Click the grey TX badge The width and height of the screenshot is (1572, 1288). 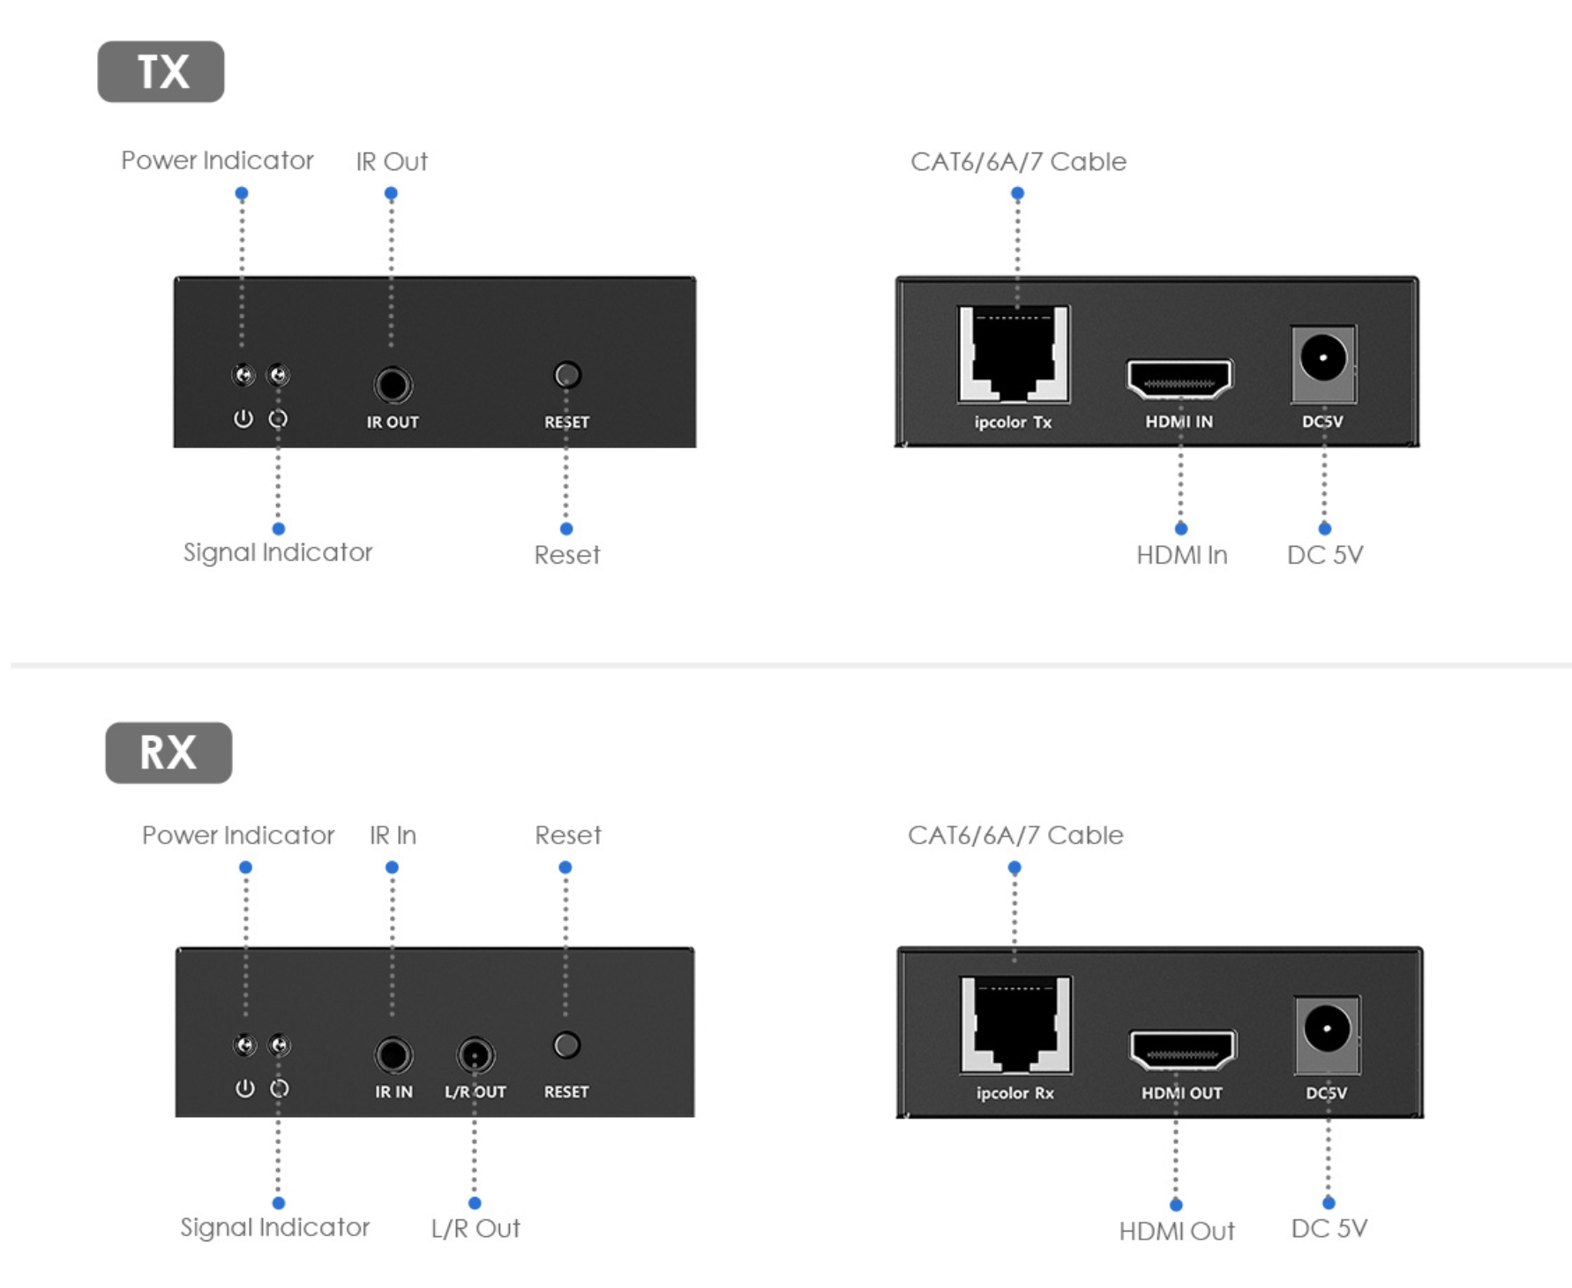point(161,71)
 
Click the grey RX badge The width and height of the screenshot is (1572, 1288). point(168,753)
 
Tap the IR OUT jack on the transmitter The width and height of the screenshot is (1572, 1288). point(393,386)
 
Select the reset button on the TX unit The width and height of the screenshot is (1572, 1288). point(567,376)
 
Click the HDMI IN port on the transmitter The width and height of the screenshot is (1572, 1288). point(1179,379)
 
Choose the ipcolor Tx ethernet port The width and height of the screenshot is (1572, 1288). point(1014,354)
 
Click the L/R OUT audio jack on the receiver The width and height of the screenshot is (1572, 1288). point(475,1055)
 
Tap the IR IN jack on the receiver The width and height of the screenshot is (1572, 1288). point(393,1055)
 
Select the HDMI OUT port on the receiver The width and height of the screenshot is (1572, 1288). point(1183,1050)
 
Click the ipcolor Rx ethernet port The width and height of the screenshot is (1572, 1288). point(1016,1024)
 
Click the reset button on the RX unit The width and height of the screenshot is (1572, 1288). point(566,1045)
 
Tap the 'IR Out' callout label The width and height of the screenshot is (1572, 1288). point(392,161)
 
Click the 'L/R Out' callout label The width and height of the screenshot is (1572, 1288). point(475,1228)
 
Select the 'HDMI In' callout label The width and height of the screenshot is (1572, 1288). point(1182,555)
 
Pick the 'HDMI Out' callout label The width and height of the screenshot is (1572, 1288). point(1177,1231)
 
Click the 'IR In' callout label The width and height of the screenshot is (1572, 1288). point(393,835)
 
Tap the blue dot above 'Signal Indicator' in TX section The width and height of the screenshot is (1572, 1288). point(279,529)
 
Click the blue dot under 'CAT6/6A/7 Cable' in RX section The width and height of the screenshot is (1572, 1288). point(1014,868)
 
